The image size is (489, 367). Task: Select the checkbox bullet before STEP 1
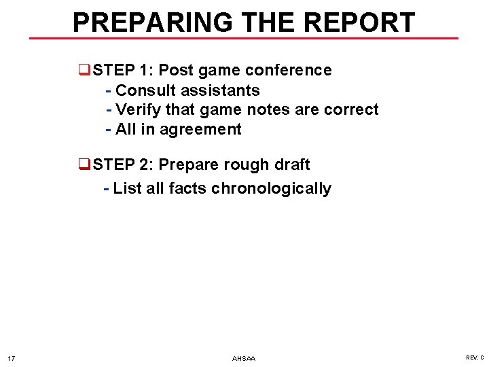tap(84, 70)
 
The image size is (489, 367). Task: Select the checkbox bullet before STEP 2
tap(84, 164)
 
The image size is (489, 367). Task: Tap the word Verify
tap(138, 109)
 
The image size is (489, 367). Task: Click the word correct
tap(351, 109)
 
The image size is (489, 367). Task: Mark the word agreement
tap(200, 129)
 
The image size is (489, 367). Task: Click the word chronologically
tap(271, 188)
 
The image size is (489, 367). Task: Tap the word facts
tap(187, 188)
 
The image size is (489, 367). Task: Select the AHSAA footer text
tap(244, 358)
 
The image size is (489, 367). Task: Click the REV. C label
tap(475, 357)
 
